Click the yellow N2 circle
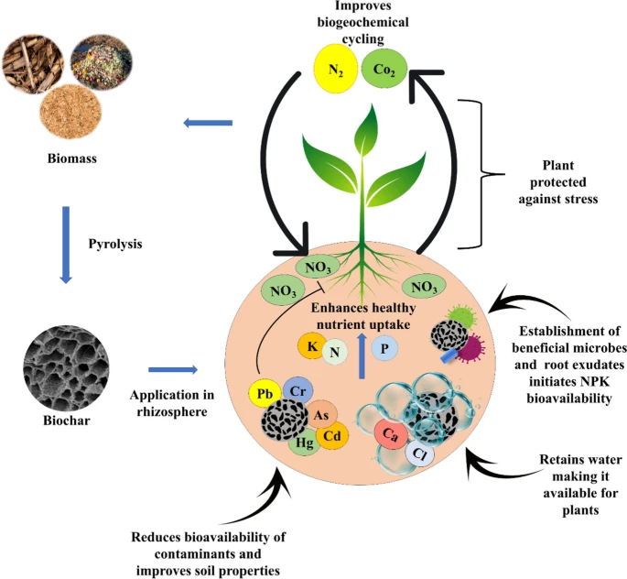336,71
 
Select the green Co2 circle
384,70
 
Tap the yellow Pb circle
265,394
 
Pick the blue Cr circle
297,391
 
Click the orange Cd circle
332,435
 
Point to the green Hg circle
305,442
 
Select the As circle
321,415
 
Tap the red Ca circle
391,434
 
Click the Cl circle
419,453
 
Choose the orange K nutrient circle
311,345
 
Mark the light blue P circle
384,348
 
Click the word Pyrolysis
115,244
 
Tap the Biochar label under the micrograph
67,421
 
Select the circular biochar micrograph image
67,365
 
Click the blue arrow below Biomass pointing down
66,245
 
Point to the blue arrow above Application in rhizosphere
173,370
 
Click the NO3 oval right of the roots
424,287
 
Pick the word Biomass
72,158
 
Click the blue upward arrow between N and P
362,355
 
